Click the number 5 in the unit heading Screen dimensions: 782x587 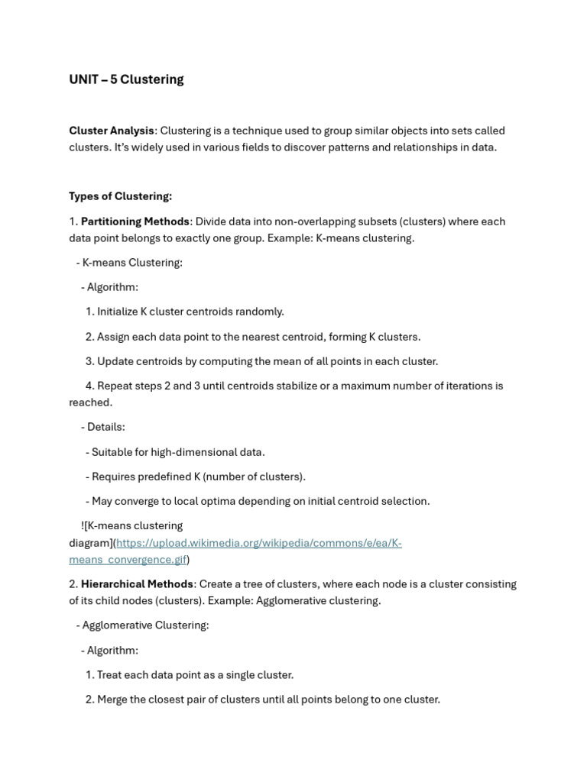pyautogui.click(x=114, y=79)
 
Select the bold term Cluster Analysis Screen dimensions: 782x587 pyautogui.click(x=112, y=131)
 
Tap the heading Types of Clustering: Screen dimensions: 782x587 pyautogui.click(x=120, y=196)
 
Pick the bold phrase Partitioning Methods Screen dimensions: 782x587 pyautogui.click(x=135, y=221)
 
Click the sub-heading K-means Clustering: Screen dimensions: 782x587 pyautogui.click(x=132, y=263)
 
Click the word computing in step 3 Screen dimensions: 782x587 pyautogui.click(x=227, y=361)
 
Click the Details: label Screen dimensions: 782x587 pyautogui.click(x=105, y=427)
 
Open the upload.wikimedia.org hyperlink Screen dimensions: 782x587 pyautogui.click(x=258, y=543)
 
